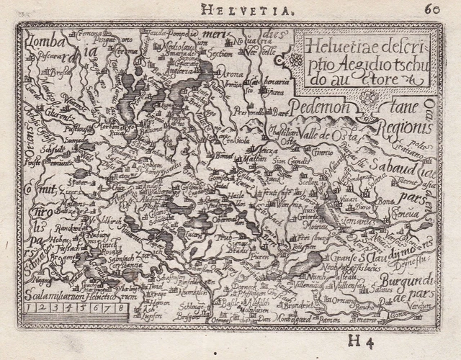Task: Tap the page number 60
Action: pyautogui.click(x=433, y=9)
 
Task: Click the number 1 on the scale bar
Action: pyautogui.click(x=29, y=307)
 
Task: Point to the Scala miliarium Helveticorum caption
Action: pyautogui.click(x=69, y=294)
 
